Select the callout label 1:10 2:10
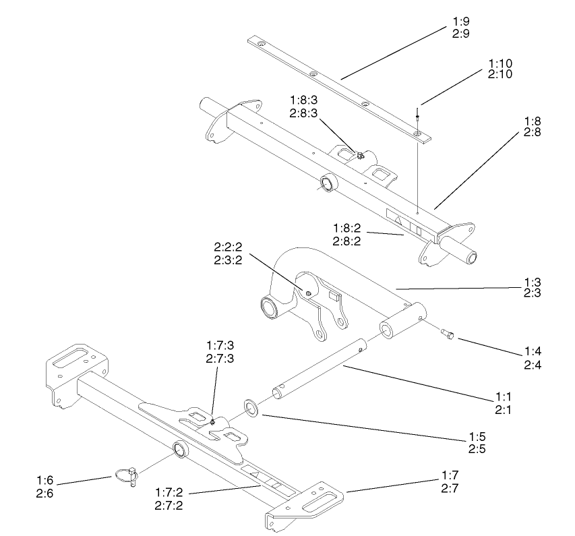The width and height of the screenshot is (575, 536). (500, 67)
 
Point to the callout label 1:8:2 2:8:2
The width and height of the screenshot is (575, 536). (350, 233)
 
